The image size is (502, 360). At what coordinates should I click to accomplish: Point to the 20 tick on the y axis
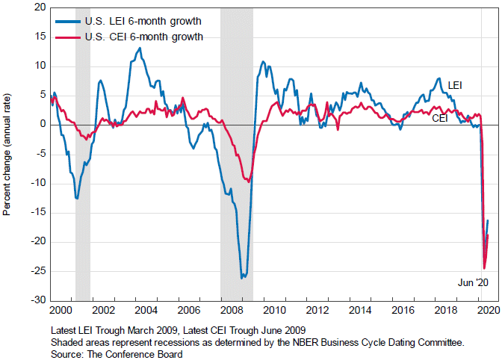(x=38, y=7)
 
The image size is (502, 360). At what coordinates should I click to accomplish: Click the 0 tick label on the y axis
(x=41, y=124)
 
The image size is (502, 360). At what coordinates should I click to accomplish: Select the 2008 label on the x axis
(x=231, y=309)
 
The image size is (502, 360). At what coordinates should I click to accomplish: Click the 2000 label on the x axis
(x=61, y=309)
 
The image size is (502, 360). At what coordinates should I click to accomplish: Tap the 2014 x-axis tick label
(x=359, y=309)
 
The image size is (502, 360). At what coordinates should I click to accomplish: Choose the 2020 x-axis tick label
(x=486, y=309)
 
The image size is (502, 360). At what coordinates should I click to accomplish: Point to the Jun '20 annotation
(x=472, y=282)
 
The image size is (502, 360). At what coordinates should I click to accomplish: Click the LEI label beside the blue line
(x=454, y=87)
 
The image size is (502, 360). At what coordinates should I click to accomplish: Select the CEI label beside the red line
(x=441, y=117)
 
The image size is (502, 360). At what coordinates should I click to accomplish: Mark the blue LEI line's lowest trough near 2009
(x=241, y=278)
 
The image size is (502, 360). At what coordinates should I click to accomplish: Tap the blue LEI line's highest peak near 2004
(x=140, y=48)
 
